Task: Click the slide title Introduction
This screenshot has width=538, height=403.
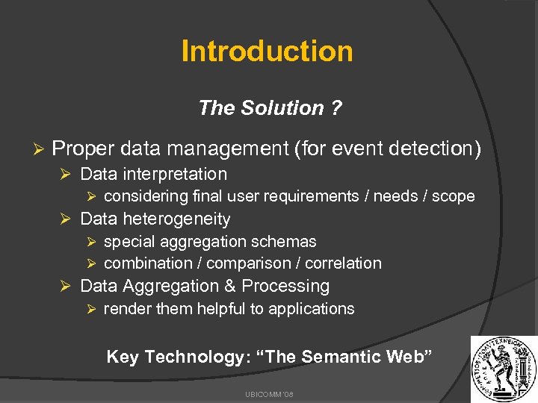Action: [267, 51]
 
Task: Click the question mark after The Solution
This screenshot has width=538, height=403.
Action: [336, 108]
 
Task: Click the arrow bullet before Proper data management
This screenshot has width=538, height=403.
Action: [42, 149]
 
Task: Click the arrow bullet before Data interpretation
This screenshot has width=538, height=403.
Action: [65, 175]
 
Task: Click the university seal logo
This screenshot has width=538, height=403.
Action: [502, 369]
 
